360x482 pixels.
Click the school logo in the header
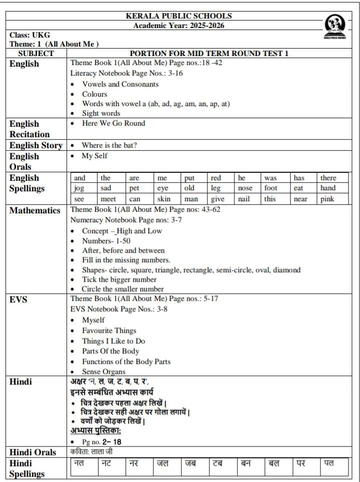click(x=335, y=26)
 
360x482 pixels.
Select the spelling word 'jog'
click(x=79, y=188)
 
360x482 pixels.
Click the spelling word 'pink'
click(x=328, y=199)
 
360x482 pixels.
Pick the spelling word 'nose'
click(x=245, y=188)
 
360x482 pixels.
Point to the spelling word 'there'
click(x=328, y=178)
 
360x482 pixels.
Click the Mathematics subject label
click(x=35, y=210)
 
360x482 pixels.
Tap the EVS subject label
click(x=18, y=300)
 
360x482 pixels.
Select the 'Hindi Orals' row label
click(x=33, y=452)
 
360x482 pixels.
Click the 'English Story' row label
click(x=36, y=145)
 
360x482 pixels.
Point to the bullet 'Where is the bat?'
click(x=109, y=145)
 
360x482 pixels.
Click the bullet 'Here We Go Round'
click(x=113, y=123)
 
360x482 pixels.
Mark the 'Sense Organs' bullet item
click(x=103, y=371)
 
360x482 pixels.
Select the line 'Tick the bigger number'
click(x=119, y=279)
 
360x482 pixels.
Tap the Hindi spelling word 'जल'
click(x=162, y=463)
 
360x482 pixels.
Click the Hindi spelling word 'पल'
click(x=328, y=463)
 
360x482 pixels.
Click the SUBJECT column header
click(x=36, y=54)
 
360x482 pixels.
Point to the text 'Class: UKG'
click(x=29, y=35)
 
